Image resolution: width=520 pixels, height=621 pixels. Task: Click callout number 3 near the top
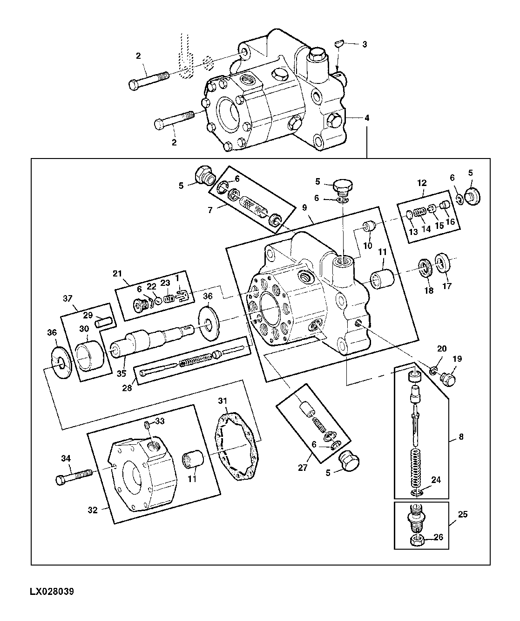click(365, 44)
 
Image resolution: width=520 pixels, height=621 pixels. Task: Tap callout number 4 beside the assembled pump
click(367, 118)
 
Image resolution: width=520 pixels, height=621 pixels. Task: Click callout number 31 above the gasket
click(223, 400)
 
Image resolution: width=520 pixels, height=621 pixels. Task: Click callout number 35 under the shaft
click(121, 373)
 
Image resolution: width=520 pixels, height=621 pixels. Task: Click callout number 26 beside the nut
click(439, 537)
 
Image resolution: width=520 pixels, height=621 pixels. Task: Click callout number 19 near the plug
click(457, 359)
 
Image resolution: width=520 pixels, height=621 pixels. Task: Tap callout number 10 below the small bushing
click(368, 246)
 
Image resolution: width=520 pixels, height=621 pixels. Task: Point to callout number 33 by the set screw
click(160, 421)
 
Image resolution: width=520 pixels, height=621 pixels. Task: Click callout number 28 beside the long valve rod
click(127, 388)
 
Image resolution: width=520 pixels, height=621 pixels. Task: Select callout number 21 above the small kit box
click(117, 273)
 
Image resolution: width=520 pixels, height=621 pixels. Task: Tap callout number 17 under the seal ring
click(447, 286)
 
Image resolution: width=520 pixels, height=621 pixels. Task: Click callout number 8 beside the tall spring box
click(461, 437)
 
